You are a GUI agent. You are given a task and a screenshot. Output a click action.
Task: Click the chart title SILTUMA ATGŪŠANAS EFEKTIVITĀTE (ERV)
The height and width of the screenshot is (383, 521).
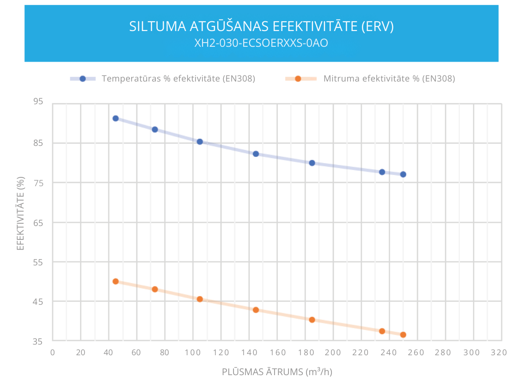coord(261,27)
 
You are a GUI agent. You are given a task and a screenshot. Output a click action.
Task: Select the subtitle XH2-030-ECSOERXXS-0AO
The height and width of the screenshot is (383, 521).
coord(261,43)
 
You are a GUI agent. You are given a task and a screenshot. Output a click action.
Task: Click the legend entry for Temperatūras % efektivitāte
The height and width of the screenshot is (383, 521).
coord(178,79)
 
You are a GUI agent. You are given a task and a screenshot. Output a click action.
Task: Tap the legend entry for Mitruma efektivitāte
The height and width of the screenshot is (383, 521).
coord(389,79)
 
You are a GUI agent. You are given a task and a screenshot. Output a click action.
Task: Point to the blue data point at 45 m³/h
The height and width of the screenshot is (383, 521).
coord(116,119)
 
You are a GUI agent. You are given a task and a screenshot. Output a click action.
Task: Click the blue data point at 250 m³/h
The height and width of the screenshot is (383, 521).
coord(403,175)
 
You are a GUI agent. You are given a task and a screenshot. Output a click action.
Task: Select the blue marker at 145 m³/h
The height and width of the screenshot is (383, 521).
coord(256,154)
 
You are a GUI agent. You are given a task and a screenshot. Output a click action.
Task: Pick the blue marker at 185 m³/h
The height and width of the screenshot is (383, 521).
coord(312,163)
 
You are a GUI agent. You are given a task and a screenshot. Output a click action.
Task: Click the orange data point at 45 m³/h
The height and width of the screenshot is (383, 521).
coord(116,282)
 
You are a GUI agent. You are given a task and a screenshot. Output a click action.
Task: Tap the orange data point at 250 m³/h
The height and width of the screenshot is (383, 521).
coord(403,335)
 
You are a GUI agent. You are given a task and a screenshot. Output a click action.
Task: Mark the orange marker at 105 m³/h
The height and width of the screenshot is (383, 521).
coord(200,299)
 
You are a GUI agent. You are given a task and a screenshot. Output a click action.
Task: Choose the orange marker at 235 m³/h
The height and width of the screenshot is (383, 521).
coord(382,331)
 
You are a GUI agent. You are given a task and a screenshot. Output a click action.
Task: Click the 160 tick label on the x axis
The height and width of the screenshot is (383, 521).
coord(277,353)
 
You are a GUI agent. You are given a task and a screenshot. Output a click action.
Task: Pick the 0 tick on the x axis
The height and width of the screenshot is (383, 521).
coord(52,353)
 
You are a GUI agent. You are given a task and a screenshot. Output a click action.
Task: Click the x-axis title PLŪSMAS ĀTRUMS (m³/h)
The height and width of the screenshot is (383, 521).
coord(277,372)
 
